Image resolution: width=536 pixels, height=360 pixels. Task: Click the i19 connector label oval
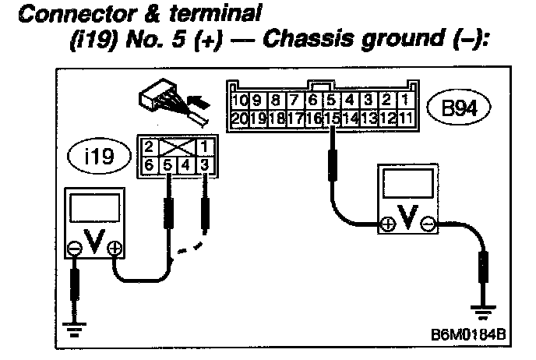[x=106, y=155]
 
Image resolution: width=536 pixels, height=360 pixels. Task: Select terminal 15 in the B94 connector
[x=333, y=118]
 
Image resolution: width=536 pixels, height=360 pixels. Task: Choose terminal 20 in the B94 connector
[x=239, y=118]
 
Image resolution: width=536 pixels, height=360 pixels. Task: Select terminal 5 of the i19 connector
[x=167, y=165]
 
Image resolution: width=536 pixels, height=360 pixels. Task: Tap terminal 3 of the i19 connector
[x=203, y=165]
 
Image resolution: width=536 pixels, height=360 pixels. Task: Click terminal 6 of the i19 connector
[x=149, y=165]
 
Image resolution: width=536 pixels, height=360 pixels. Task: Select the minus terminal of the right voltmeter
[x=428, y=224]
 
